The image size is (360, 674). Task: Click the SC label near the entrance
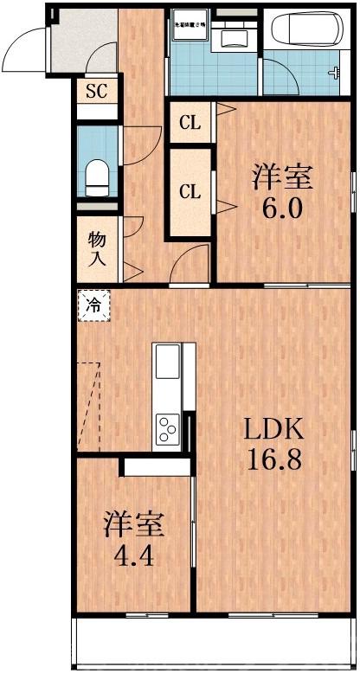[95, 91]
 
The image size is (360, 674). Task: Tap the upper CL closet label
[190, 123]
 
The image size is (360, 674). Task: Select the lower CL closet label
[190, 192]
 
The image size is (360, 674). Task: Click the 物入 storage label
[96, 247]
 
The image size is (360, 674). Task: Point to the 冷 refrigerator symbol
[95, 305]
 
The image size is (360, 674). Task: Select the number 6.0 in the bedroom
[283, 210]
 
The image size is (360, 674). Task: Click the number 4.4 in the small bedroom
[134, 555]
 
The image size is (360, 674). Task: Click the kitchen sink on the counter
[167, 367]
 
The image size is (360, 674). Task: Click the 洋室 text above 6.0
[282, 178]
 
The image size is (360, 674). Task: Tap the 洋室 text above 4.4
[134, 524]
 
